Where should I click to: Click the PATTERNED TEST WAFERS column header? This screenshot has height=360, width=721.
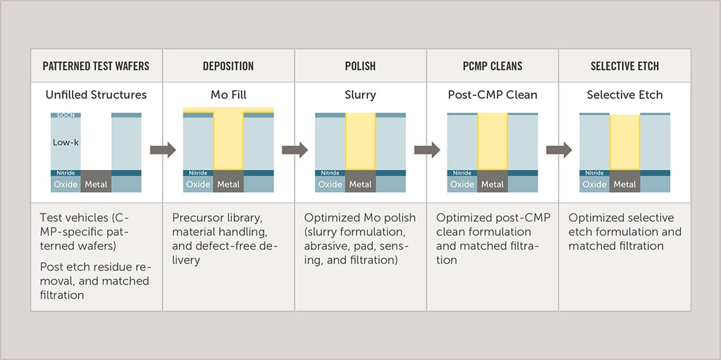[x=96, y=66]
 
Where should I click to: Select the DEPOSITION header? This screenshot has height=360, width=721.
[x=228, y=66]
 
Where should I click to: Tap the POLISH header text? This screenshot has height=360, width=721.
[x=360, y=66]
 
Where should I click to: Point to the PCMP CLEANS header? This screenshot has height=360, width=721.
[x=493, y=66]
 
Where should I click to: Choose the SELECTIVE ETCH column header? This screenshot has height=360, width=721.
[x=624, y=66]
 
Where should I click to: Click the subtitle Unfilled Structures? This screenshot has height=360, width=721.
[x=96, y=95]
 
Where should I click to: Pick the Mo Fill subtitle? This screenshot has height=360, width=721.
[x=228, y=95]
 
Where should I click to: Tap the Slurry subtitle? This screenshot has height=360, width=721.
[x=360, y=95]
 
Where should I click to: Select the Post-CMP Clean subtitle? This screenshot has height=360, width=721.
[x=493, y=95]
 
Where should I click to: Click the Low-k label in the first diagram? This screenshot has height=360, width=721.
[x=66, y=142]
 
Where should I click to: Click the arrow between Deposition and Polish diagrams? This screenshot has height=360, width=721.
[x=295, y=150]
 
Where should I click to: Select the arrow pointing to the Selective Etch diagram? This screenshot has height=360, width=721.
[x=559, y=150]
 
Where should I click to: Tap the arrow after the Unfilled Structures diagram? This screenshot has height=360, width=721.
[x=163, y=150]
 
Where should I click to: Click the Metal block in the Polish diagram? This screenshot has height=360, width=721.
[x=361, y=185]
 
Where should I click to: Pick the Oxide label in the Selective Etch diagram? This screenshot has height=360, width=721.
[x=594, y=185]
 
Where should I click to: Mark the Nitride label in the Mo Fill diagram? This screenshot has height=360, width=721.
[x=198, y=173]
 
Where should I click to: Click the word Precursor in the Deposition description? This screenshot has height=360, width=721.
[x=195, y=218]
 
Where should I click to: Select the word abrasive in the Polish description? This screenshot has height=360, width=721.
[x=326, y=247]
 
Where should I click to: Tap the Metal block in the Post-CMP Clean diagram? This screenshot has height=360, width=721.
[x=493, y=185]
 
